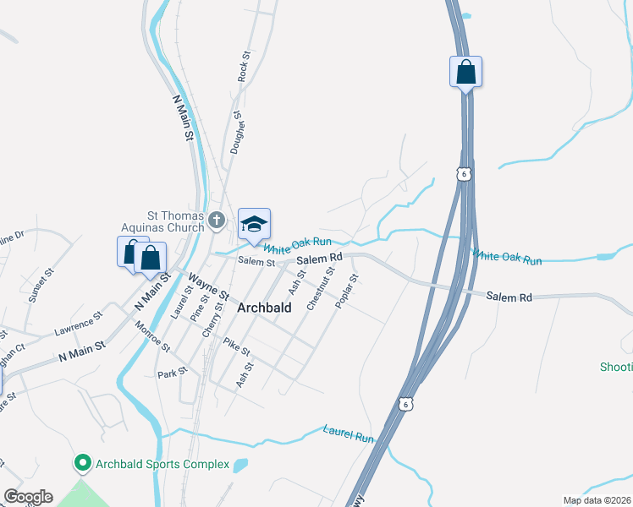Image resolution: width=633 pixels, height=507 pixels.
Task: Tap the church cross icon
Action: (x=217, y=221)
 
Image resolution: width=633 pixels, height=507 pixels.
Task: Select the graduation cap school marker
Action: (x=254, y=224)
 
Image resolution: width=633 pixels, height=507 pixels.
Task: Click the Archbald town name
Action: (x=264, y=308)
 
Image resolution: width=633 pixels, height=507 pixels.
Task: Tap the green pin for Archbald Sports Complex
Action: (x=83, y=464)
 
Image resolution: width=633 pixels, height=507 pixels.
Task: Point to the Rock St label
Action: (x=244, y=66)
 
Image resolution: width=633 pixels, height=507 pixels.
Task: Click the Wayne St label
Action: (x=208, y=285)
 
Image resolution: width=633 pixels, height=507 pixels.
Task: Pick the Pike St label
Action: (x=237, y=346)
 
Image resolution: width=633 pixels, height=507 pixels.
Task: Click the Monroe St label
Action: (x=153, y=336)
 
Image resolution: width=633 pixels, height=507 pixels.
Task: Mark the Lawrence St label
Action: (x=79, y=323)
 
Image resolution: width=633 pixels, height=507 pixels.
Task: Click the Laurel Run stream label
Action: (x=348, y=433)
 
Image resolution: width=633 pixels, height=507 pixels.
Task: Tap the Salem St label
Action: (x=256, y=263)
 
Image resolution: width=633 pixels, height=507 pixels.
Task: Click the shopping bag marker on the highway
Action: (x=465, y=72)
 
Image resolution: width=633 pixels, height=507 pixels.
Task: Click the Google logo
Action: (x=28, y=497)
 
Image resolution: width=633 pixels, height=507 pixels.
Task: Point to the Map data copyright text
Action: (x=596, y=500)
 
